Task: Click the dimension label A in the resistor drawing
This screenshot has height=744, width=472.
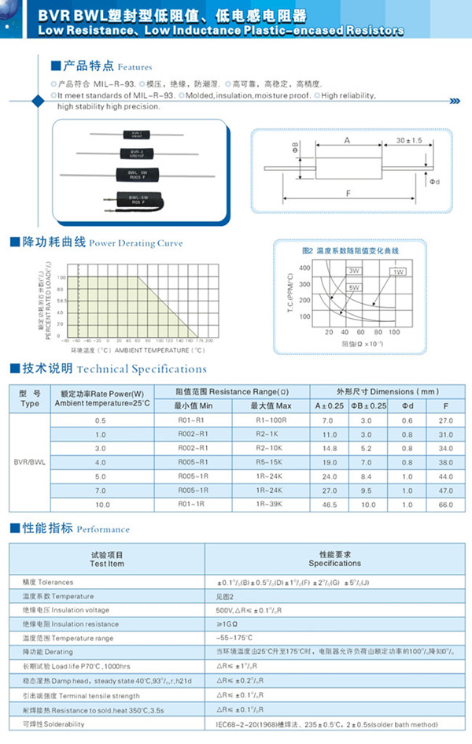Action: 346,139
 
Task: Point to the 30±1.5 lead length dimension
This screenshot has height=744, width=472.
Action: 409,139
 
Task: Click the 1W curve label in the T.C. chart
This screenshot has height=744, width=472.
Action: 398,272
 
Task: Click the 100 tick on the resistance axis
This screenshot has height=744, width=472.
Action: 393,332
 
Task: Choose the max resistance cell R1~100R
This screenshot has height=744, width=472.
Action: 271,420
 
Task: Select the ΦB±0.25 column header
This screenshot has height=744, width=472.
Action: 368,405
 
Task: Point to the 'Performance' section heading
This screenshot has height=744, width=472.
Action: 103,529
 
